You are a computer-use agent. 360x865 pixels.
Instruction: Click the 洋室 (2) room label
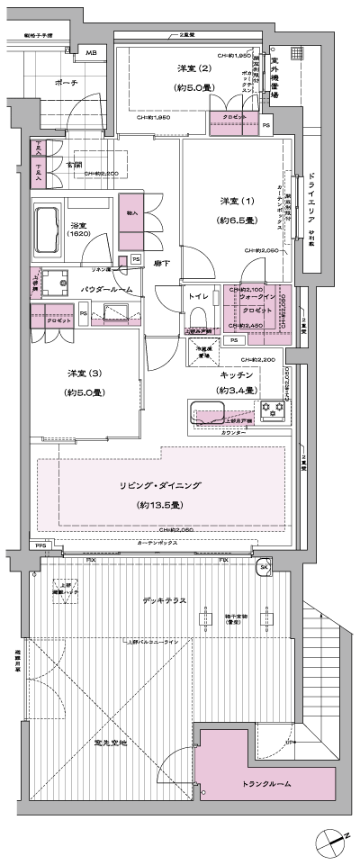point(192,69)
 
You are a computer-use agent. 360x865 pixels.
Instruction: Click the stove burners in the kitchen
point(274,411)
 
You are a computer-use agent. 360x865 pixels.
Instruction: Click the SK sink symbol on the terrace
point(265,567)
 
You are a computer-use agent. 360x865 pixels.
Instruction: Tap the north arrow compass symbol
point(332,840)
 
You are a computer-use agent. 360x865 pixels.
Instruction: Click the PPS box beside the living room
point(40,545)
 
